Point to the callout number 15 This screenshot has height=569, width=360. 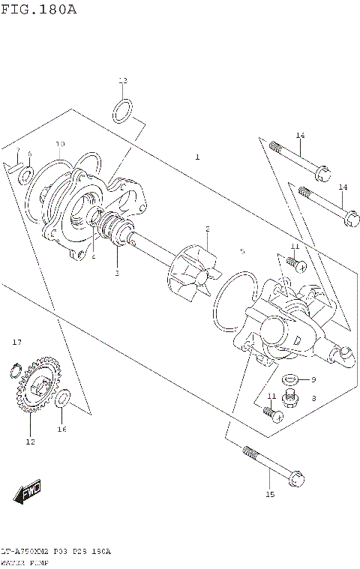[x=270, y=495]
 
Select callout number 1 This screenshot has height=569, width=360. [x=197, y=157]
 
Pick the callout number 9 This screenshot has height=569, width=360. [x=314, y=379]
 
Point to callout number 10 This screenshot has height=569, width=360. [x=60, y=144]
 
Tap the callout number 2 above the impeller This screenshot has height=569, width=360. [x=208, y=228]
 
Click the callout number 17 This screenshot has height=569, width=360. [x=16, y=343]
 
